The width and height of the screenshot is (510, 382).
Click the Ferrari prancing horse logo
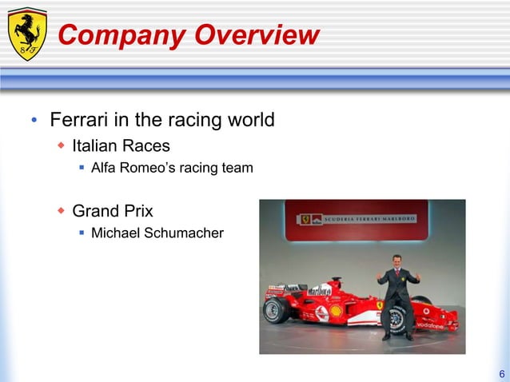(27, 34)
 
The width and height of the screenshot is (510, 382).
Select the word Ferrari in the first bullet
(79, 121)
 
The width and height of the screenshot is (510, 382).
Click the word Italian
(98, 146)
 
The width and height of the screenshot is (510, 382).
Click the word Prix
(136, 212)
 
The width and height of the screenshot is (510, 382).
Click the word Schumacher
(185, 233)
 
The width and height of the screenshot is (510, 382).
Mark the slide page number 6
(501, 373)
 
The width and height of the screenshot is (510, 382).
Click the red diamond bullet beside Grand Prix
(61, 212)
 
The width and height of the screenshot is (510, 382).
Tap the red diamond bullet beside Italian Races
(61, 146)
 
